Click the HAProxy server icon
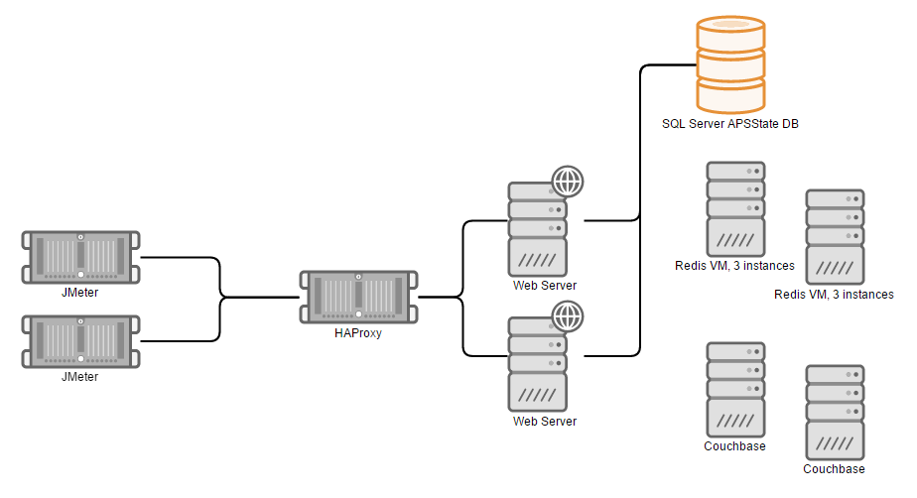[x=358, y=296]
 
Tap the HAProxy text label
[x=358, y=333]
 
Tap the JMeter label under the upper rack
[x=80, y=292]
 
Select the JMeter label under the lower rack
[x=80, y=376]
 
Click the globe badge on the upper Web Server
[x=567, y=182]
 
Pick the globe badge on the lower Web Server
[x=567, y=316]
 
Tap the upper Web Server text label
[x=544, y=286]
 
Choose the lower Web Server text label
[x=544, y=422]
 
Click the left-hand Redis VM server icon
[x=735, y=208]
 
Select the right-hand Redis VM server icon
[x=835, y=236]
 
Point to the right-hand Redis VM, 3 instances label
[x=834, y=295]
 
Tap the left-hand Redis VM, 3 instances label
[x=734, y=266]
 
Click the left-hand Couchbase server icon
[x=735, y=389]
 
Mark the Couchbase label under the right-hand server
[x=834, y=469]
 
